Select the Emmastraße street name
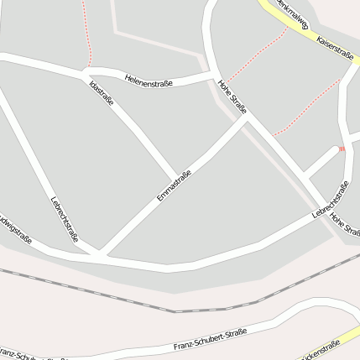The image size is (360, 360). coord(174,185)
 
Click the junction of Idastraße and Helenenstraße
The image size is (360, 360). coord(86,74)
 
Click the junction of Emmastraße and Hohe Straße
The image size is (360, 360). coord(246,118)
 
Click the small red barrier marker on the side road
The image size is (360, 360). coord(342,149)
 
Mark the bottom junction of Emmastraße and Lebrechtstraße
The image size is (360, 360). coord(99,253)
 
